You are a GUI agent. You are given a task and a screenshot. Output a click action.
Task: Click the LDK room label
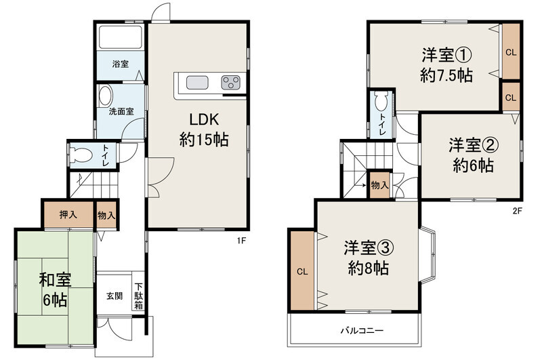(204, 119)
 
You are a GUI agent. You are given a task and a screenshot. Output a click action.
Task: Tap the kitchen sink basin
(197, 83)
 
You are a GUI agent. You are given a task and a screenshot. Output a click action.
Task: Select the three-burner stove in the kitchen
(230, 83)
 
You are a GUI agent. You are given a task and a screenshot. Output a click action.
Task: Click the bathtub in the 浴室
(121, 37)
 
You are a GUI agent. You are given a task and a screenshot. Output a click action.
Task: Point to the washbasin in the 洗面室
(105, 96)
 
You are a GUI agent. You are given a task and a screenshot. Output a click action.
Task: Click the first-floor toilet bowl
(81, 155)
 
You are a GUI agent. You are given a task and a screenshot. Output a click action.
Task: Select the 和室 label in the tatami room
(56, 279)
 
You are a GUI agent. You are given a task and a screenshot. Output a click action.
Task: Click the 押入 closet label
(68, 215)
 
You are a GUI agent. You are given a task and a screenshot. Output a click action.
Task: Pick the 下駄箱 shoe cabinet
(139, 296)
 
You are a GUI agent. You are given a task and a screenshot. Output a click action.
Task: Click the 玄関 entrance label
(114, 296)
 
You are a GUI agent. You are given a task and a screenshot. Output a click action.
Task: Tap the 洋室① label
(446, 55)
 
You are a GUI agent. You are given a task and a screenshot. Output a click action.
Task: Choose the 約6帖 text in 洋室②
(473, 165)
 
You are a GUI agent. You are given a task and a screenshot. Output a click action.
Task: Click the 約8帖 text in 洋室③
(368, 268)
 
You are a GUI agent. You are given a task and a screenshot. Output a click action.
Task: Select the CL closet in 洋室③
(302, 271)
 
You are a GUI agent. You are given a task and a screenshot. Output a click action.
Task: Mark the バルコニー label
(362, 331)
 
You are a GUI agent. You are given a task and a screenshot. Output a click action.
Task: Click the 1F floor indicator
(241, 241)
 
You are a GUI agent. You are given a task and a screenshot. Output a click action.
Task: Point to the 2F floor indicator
(517, 211)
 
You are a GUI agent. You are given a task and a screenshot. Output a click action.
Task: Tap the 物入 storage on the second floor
(379, 185)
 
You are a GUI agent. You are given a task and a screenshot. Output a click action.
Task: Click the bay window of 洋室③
(429, 256)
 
